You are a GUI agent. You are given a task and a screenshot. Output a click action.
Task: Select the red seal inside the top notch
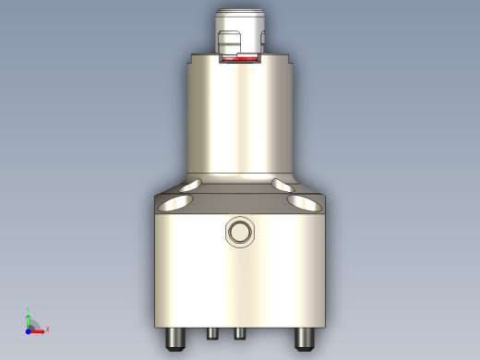coord(242,60)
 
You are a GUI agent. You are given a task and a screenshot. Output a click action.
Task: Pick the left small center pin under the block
coord(212,332)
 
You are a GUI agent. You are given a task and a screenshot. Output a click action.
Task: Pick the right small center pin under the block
coord(238,332)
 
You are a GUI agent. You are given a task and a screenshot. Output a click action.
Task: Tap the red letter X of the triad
coord(46,329)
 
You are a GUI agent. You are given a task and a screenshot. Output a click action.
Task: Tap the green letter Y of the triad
coord(29,309)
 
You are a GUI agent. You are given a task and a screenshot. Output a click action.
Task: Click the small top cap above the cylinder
coord(241,28)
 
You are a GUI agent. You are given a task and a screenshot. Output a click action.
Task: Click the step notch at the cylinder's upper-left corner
coord(188,60)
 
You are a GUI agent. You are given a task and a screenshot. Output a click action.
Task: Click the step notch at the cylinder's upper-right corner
coord(294,60)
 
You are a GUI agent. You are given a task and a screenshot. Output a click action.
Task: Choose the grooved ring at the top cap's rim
coord(241,16)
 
